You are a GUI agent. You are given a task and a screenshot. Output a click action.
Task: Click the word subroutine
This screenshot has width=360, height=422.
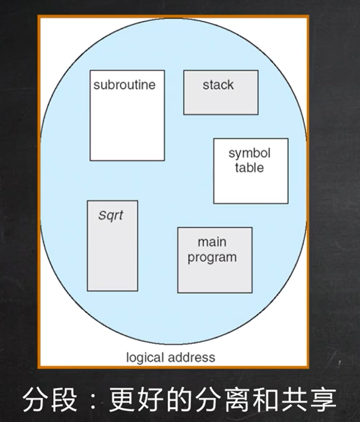click(x=124, y=85)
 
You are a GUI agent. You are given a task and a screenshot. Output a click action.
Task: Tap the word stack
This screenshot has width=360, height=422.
click(x=218, y=85)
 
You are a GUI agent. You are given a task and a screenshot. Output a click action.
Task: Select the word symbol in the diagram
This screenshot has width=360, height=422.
click(x=249, y=153)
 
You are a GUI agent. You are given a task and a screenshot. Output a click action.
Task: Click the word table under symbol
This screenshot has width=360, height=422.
click(x=249, y=168)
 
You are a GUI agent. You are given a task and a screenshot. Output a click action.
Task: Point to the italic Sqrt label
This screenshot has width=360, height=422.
click(x=111, y=215)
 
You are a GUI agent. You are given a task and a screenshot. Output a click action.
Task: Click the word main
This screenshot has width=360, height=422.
click(x=212, y=242)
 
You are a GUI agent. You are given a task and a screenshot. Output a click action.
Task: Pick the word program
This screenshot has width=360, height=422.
click(x=212, y=257)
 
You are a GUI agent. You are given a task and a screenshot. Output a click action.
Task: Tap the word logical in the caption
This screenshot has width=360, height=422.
click(x=145, y=357)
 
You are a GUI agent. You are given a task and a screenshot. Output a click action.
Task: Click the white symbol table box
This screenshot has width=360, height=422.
click(x=250, y=188)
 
